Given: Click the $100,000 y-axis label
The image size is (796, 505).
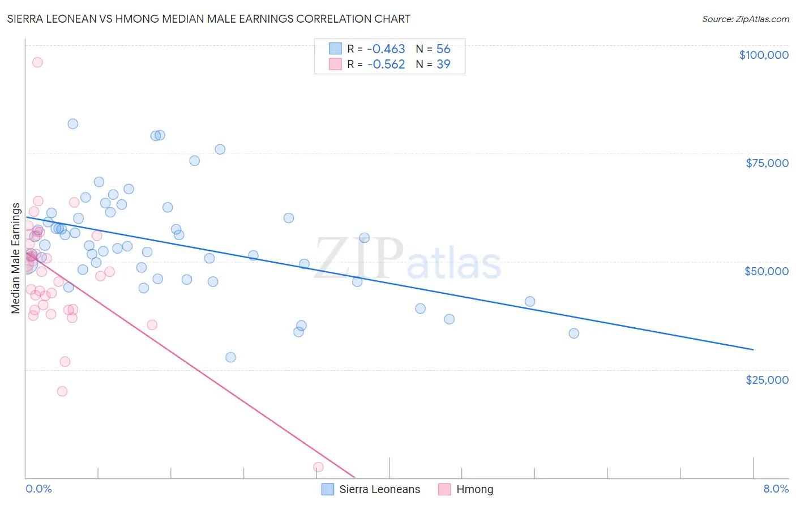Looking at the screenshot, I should coord(764,55).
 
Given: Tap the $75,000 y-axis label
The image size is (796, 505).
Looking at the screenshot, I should coord(767,163).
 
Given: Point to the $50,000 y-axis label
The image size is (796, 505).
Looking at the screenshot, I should coord(767,271).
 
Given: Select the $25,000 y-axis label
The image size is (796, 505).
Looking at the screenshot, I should coord(767,380).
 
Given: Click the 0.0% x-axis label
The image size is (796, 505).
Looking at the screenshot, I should coord(38,489).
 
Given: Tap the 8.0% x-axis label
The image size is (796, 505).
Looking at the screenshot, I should coord(776,489).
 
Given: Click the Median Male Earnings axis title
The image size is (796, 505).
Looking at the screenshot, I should coord(16,258).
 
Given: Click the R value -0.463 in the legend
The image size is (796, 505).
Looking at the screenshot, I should coord(386,49).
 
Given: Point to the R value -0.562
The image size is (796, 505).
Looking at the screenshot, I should coord(386,65).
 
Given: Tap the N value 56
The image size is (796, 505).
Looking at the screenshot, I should coord(443,49).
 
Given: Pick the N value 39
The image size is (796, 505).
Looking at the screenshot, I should coord(443,65).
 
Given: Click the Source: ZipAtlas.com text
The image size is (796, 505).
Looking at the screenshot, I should coord(746,19).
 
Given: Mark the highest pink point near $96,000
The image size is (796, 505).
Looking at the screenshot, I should coord(37,62).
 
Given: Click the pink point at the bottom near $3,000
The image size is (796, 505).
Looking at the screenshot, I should coord(318,467).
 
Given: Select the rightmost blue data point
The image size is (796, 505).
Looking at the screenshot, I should coord(574,333).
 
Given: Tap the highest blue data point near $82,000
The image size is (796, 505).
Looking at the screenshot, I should coord(73,124).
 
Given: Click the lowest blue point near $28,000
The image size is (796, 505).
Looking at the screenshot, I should coord(230,357).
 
